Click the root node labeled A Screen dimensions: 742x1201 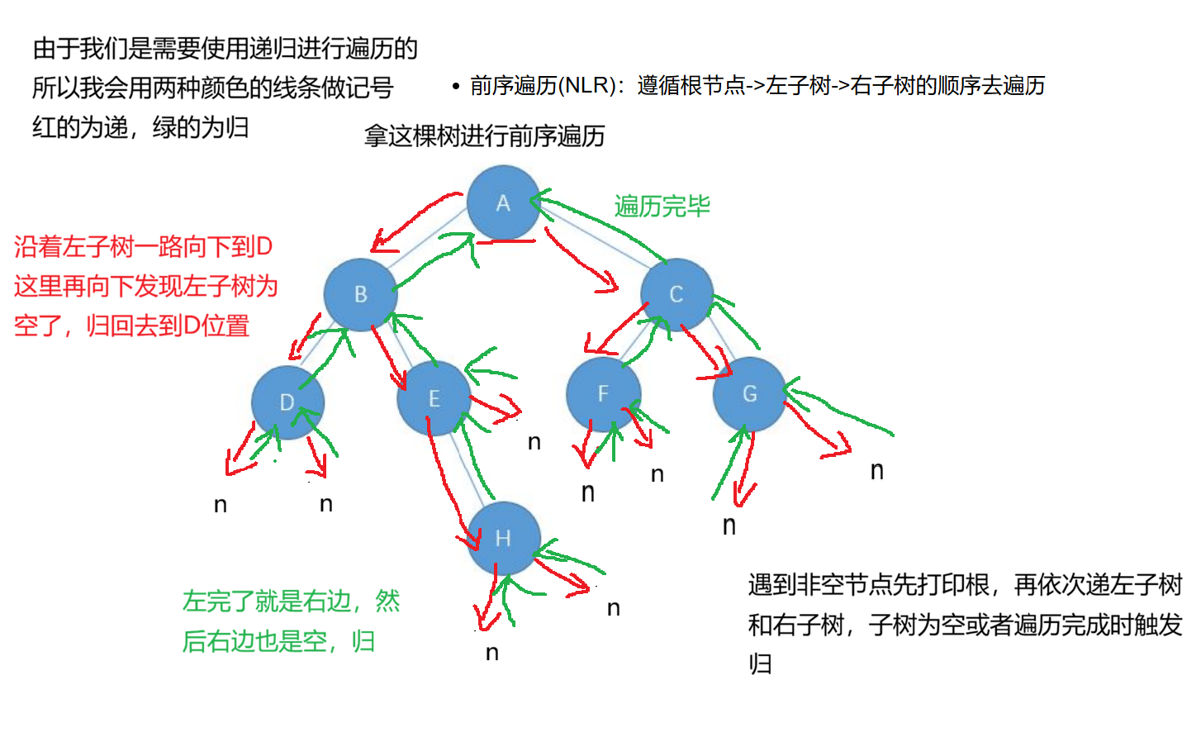coord(503,203)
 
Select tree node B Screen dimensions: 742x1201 coord(360,294)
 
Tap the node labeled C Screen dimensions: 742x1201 coord(676,294)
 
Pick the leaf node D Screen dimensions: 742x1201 coord(287,402)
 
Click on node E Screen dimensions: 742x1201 coord(434,398)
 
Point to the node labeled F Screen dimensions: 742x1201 coord(603,394)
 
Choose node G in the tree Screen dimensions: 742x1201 coord(749,394)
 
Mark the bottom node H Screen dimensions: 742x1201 coord(503,539)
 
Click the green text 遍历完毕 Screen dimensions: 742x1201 coord(662,206)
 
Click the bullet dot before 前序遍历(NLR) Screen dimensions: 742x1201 coord(455,86)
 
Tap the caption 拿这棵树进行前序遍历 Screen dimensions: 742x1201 coord(485,136)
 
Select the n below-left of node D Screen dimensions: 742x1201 coord(220,505)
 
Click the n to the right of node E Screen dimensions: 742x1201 coord(534,443)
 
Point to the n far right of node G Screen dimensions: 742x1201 coord(877,471)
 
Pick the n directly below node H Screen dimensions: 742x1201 coord(492,653)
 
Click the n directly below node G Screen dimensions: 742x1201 coord(729,526)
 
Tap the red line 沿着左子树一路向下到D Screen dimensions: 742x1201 coord(143,246)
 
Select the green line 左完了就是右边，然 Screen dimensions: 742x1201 coord(291,601)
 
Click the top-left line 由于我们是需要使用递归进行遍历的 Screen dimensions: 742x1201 coord(225,49)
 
